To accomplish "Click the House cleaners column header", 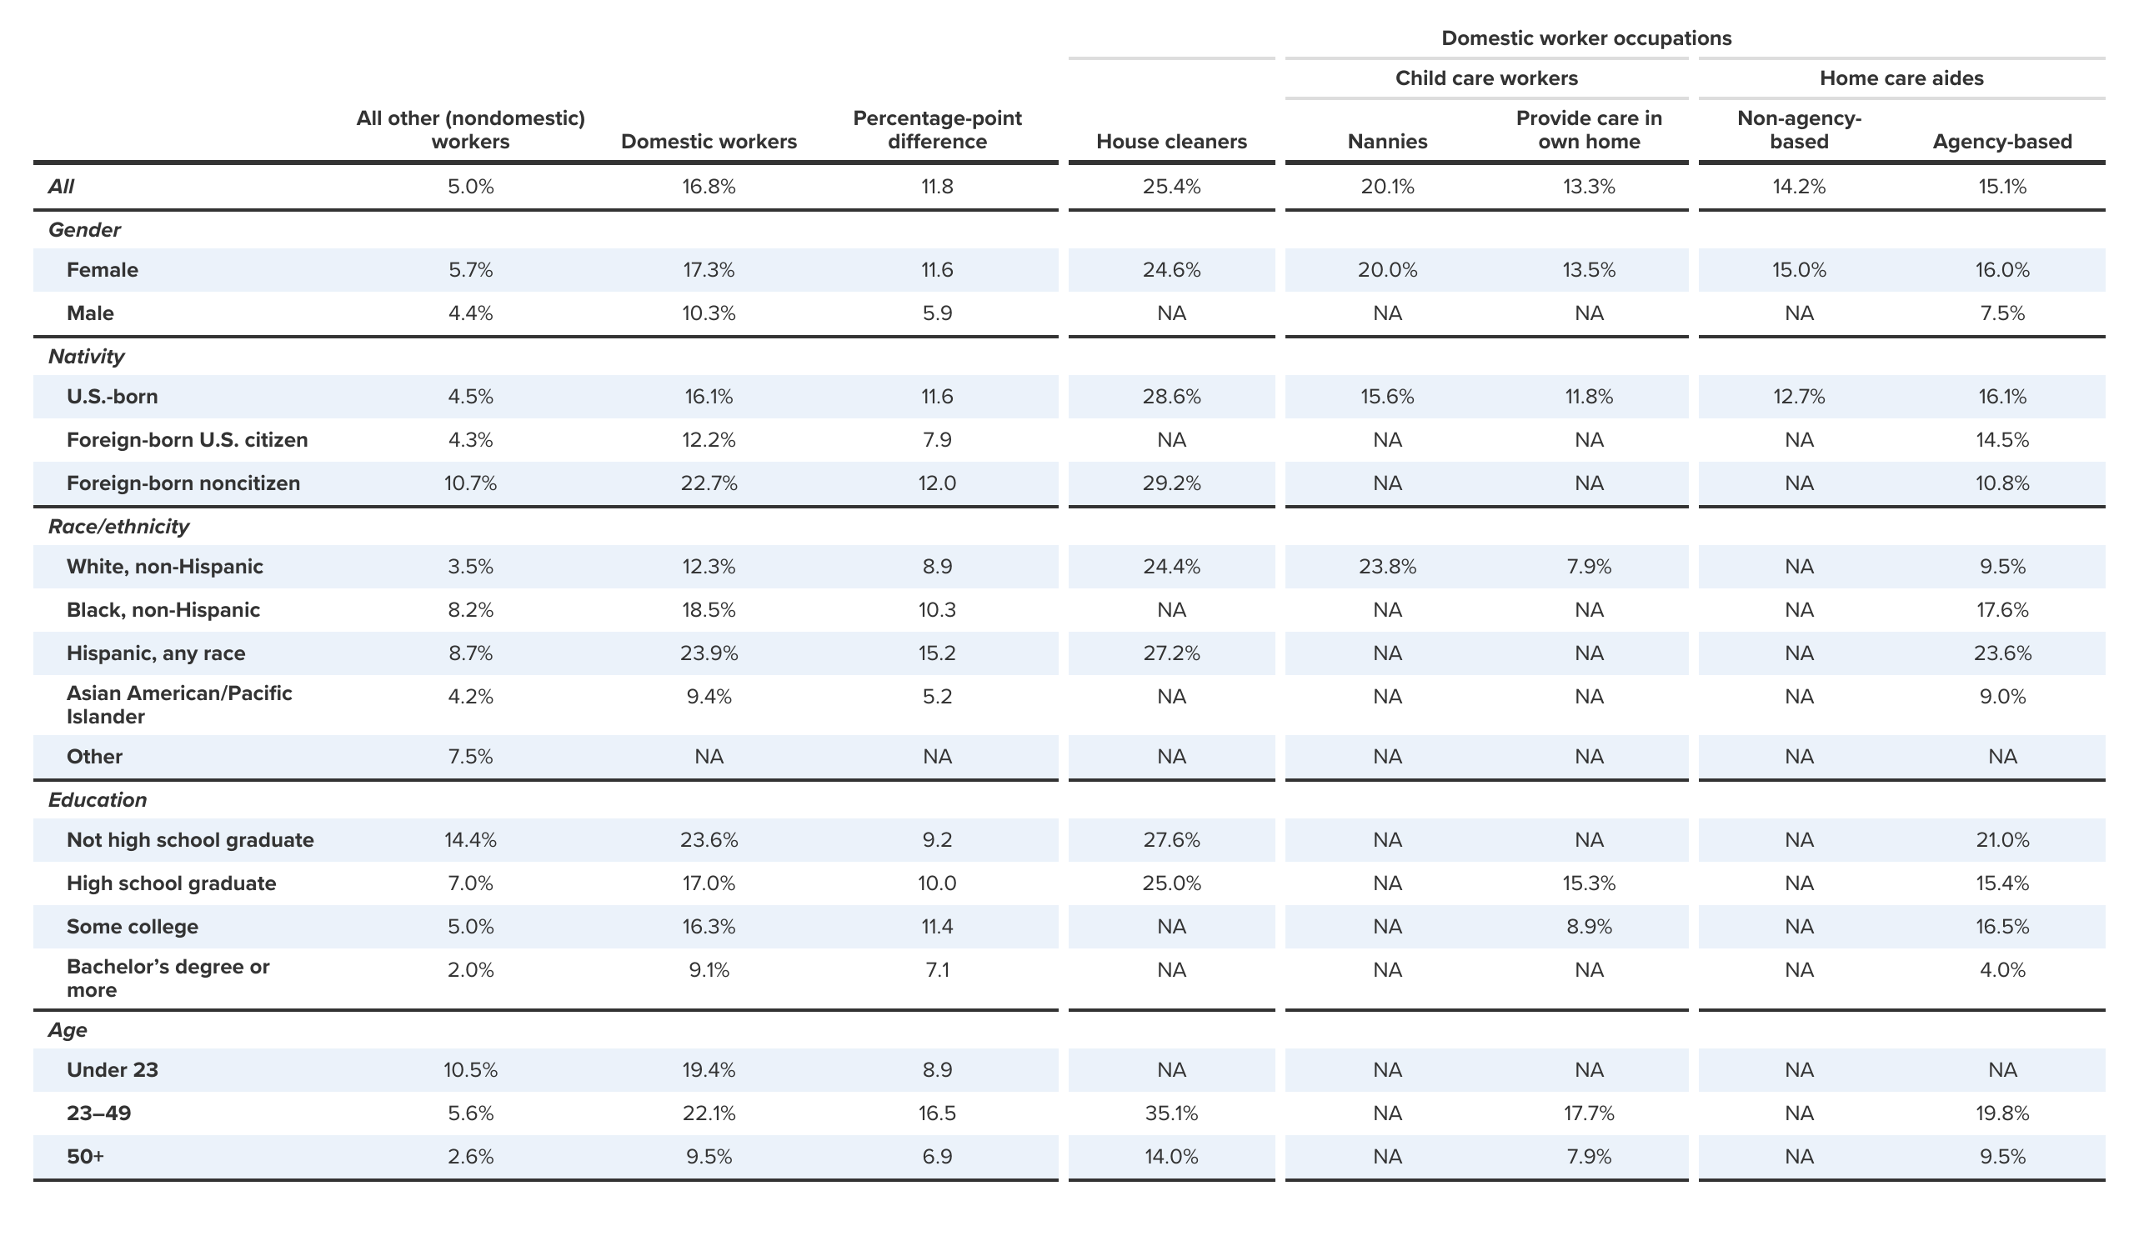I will [x=1171, y=142].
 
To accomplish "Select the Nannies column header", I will [x=1386, y=142].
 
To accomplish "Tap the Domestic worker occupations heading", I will [x=1585, y=38].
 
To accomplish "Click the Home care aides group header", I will [x=1901, y=78].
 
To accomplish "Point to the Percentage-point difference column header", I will [x=936, y=130].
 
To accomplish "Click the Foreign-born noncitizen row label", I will [x=183, y=483].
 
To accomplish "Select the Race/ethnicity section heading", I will [x=118, y=527].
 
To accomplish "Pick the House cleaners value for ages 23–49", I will [x=1171, y=1113].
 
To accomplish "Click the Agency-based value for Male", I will [x=2001, y=314].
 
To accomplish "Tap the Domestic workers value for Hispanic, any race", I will [x=709, y=653].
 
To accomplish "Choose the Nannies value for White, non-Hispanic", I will [x=1386, y=567].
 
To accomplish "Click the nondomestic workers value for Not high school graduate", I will [x=470, y=840].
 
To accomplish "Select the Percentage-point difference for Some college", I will [x=936, y=927].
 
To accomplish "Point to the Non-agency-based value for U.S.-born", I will [x=1799, y=397].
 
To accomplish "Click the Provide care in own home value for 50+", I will [x=1588, y=1158].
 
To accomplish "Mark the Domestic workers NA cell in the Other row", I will [x=709, y=758].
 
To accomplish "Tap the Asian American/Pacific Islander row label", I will [x=179, y=705].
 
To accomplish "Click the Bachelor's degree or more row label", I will [x=168, y=979].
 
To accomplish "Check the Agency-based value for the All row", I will [x=2001, y=187].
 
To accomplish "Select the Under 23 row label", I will [x=113, y=1070].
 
